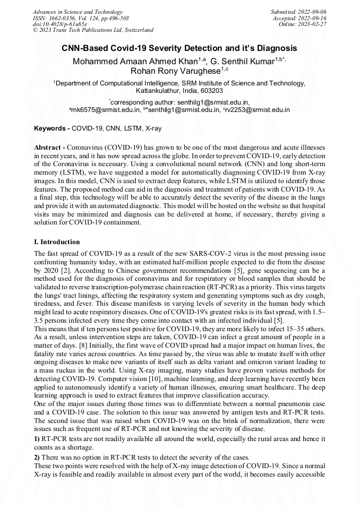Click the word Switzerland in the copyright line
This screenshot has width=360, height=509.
(137, 31)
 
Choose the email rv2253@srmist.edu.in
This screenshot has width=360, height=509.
(258, 110)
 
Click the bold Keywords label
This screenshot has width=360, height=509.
(51, 128)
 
